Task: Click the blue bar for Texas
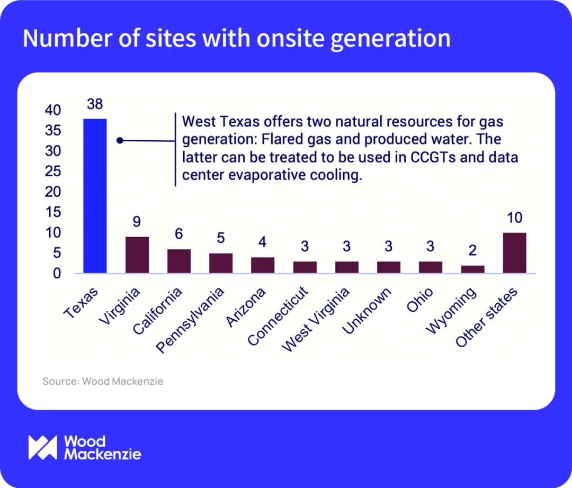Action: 95,196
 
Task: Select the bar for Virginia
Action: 137,255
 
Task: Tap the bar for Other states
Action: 514,253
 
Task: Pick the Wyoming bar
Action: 472,269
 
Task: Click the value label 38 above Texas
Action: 95,104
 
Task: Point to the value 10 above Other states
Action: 514,218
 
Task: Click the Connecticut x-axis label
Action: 277,317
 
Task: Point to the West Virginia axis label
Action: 316,321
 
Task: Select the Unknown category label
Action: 367,311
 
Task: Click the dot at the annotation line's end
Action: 120,140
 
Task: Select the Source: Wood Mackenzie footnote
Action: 103,381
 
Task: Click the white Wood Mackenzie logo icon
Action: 42,448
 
